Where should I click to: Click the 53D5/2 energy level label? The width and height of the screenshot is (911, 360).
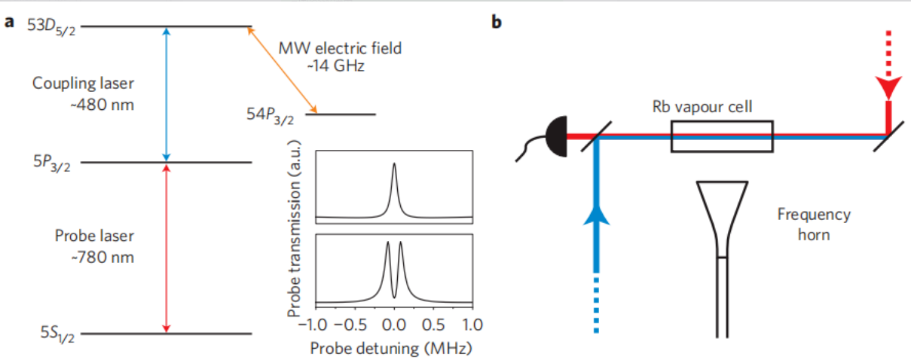(x=51, y=27)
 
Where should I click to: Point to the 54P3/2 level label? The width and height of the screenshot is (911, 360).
(x=270, y=115)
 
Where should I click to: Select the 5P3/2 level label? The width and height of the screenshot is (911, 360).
(x=52, y=163)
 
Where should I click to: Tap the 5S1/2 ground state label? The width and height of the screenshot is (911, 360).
(x=57, y=334)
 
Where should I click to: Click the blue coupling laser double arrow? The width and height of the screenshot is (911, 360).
(x=166, y=94)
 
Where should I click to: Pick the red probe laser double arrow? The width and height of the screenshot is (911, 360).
(x=166, y=249)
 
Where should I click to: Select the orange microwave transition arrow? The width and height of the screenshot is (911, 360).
(x=283, y=70)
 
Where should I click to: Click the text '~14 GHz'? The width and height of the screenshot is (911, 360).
(x=335, y=66)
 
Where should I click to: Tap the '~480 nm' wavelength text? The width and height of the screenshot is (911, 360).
(x=102, y=105)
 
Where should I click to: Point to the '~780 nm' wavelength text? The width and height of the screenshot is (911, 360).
(x=102, y=258)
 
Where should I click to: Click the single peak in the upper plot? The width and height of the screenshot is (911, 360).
(x=394, y=163)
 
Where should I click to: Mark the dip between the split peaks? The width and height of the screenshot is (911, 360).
(x=394, y=297)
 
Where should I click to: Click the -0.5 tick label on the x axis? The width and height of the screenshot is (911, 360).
(x=350, y=325)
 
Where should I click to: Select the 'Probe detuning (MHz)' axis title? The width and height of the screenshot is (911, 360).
(x=391, y=348)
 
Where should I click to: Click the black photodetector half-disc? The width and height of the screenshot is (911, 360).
(x=556, y=136)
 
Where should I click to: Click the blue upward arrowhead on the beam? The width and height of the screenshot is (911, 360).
(x=596, y=215)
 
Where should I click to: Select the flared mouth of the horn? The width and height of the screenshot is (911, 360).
(x=723, y=212)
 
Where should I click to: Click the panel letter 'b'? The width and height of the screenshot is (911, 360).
(x=497, y=22)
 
